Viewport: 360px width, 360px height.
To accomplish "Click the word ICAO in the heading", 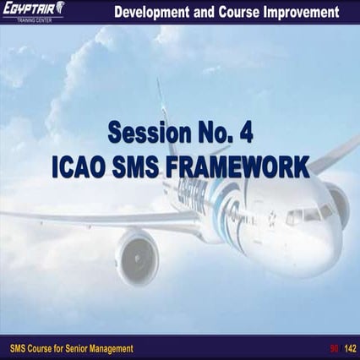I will click(79, 164).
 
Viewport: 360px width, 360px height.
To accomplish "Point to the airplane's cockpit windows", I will click(308, 216).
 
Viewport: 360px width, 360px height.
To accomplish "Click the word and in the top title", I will click(205, 12).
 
